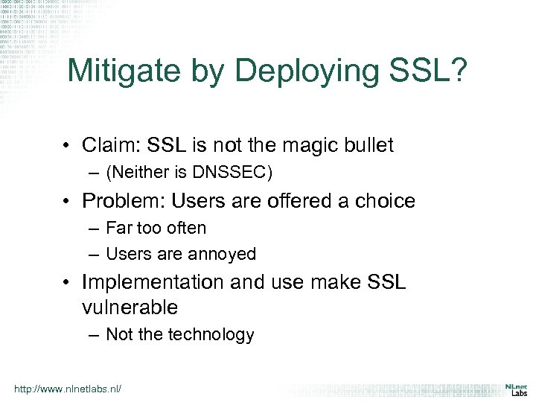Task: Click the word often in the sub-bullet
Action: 185,228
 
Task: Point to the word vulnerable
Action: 130,307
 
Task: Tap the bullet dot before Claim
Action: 68,146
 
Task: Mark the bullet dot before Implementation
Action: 68,283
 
